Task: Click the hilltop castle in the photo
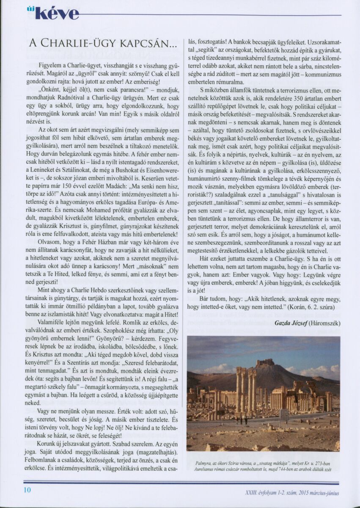pyautogui.click(x=265, y=363)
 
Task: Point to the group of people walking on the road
pyautogui.click(x=244, y=420)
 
